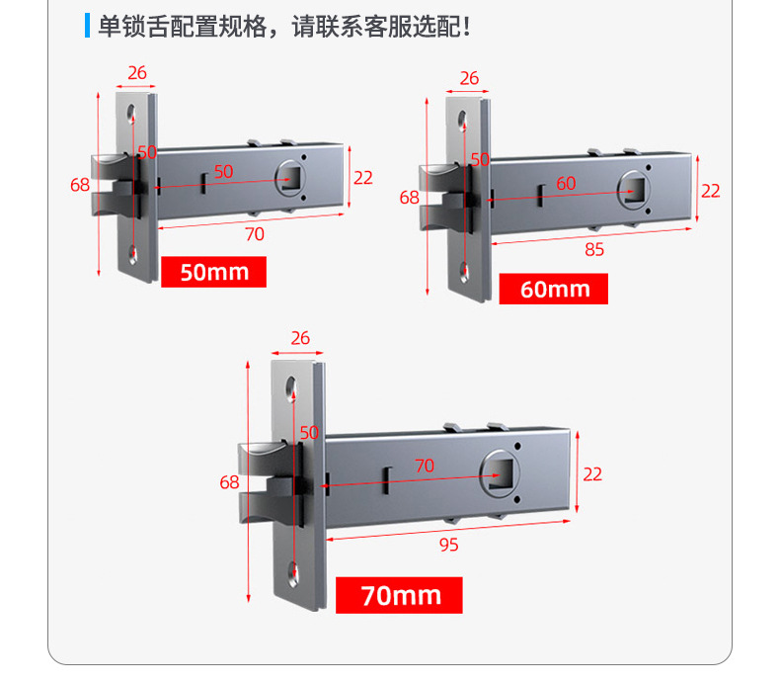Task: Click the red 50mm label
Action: click(x=213, y=272)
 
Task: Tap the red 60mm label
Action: click(x=553, y=289)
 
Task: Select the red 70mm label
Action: click(x=399, y=595)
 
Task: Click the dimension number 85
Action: click(x=594, y=250)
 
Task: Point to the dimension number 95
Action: click(x=448, y=545)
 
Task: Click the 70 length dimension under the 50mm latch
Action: click(x=255, y=234)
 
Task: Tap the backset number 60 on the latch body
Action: click(x=566, y=183)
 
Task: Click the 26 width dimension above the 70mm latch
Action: click(x=301, y=338)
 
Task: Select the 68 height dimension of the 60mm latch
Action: click(x=410, y=197)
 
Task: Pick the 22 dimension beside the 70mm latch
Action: click(x=592, y=474)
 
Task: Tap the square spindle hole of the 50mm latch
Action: click(x=292, y=180)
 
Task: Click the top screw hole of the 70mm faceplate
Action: click(x=293, y=387)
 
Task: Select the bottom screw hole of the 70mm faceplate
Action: click(x=293, y=570)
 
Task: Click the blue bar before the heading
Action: click(x=87, y=26)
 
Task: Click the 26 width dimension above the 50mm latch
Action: click(x=137, y=72)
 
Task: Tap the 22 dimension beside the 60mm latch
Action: click(x=711, y=191)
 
